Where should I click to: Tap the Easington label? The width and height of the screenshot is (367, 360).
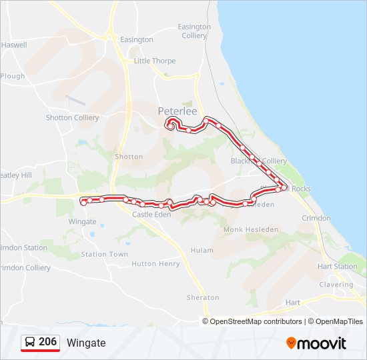[x=137, y=40]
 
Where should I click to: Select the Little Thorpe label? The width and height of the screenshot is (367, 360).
[x=155, y=61]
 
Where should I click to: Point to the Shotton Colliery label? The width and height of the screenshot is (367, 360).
[x=72, y=118]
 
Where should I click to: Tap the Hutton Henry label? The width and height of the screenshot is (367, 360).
[x=155, y=264]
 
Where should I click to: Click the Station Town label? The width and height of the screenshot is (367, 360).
[x=104, y=255]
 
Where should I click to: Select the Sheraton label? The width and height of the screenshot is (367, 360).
[x=203, y=297]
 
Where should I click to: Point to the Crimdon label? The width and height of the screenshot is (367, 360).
[x=316, y=218]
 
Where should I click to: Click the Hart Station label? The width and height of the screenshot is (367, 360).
[x=337, y=267]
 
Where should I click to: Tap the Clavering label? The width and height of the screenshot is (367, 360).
[x=336, y=285]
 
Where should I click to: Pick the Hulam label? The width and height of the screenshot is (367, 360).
[x=202, y=250]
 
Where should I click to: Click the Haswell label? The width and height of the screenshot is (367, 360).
[x=14, y=45]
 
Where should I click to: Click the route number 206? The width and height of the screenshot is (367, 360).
[x=47, y=342]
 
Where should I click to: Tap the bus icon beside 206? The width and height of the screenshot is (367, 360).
[x=31, y=342]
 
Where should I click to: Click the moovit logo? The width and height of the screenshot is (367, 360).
[x=316, y=343]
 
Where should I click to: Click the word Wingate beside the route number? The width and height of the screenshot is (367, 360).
[x=86, y=343]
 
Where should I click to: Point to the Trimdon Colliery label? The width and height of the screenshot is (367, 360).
[x=25, y=268]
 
